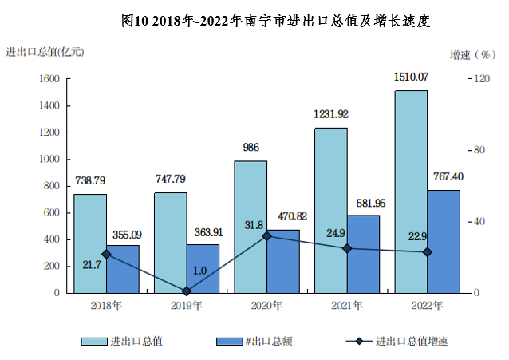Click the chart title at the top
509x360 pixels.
(x=275, y=21)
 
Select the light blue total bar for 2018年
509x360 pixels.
(x=90, y=243)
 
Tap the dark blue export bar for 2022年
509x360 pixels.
(x=444, y=242)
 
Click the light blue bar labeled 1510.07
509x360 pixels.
(x=411, y=192)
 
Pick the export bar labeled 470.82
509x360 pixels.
(x=283, y=262)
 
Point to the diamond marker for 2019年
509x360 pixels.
(x=187, y=291)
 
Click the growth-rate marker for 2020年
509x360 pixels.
(x=266, y=236)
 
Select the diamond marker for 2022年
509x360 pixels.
(x=427, y=252)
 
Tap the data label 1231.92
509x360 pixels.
(x=331, y=114)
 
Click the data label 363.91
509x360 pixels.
(x=209, y=232)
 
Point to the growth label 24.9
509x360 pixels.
(x=336, y=233)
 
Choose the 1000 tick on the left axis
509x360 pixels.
(x=49, y=159)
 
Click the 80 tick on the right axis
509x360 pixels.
(x=479, y=150)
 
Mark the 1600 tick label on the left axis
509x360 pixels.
(x=49, y=79)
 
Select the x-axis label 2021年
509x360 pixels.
(x=347, y=306)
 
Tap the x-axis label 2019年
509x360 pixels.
(x=187, y=306)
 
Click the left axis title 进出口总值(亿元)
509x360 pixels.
(x=45, y=52)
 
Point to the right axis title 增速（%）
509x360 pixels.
(x=473, y=54)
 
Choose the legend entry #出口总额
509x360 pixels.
(x=254, y=341)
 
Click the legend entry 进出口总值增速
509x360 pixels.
(x=397, y=341)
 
